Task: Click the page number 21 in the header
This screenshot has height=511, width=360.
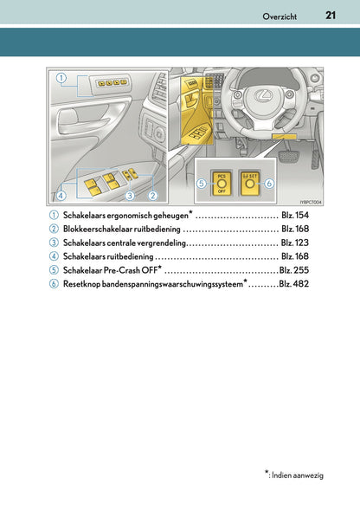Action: point(331,16)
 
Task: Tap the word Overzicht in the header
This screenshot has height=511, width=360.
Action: point(280,16)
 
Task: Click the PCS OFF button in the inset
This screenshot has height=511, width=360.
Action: point(222,183)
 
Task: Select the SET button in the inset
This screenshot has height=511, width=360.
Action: point(249,183)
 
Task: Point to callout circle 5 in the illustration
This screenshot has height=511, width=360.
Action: point(202,184)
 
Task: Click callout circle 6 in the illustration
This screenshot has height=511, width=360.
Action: point(269,184)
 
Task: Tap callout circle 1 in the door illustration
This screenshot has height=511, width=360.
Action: point(61,78)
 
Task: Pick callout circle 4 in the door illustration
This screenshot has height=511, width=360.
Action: point(61,196)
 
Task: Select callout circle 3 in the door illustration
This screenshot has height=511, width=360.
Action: point(130,196)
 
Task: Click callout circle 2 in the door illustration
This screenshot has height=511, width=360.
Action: point(152,196)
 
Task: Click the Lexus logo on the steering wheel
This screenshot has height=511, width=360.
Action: point(263,95)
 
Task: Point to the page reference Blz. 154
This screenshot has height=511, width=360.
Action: point(295,215)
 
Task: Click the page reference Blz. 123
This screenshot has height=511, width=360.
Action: point(295,243)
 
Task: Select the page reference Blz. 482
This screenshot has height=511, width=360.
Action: point(293,284)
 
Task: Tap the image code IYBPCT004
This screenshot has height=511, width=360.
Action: point(311,203)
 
